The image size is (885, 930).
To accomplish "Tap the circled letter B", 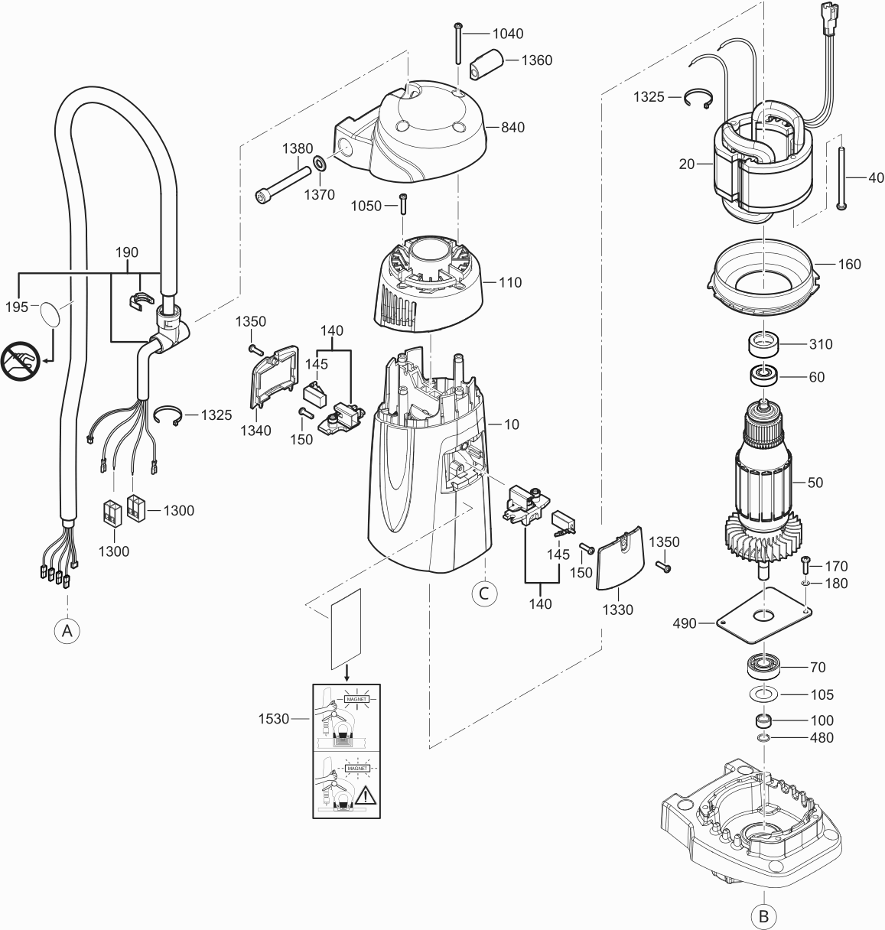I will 763,915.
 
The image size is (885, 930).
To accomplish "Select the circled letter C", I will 483,592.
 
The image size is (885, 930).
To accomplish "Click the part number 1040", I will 508,34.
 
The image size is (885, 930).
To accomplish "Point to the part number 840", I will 513,127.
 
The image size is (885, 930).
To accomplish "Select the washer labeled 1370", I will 318,164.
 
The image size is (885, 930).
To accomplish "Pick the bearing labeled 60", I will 763,376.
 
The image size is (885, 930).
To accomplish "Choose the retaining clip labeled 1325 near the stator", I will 698,99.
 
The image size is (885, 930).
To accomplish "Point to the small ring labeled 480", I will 763,738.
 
